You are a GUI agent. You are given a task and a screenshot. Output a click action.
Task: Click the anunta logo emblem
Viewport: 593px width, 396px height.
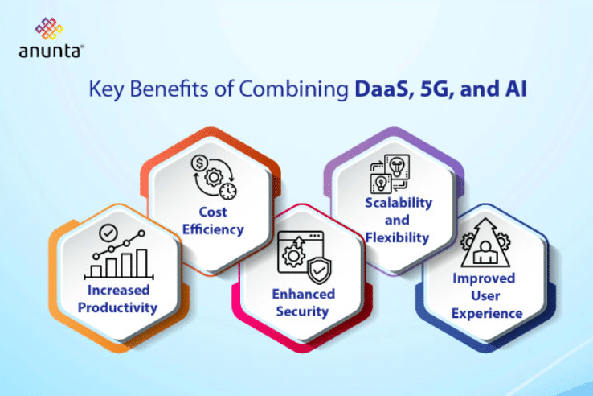(51, 29)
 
